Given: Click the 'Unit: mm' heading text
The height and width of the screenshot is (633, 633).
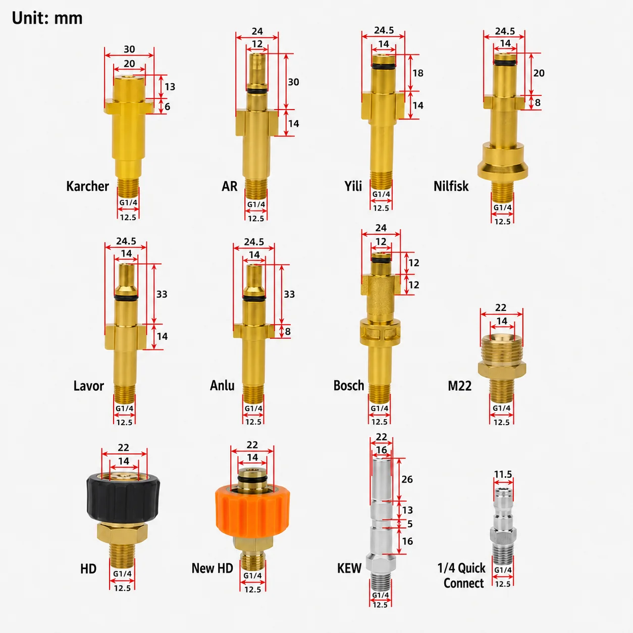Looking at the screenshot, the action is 47,18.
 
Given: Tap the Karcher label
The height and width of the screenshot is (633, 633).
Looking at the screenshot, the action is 87,186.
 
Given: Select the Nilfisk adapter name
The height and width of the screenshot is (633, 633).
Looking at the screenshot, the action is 451,186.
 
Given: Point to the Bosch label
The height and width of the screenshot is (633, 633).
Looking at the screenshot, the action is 349,385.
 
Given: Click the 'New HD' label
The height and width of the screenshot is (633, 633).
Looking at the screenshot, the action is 212,568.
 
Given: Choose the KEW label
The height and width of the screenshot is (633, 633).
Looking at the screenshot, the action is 349,568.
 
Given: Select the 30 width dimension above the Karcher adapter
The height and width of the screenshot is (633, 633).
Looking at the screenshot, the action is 129,49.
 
